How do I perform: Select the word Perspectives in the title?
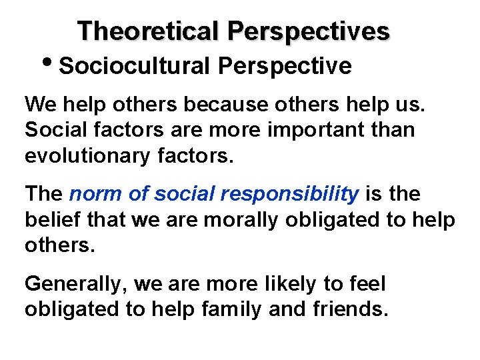coord(309,31)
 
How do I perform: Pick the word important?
coord(300,130)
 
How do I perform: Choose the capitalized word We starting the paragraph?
coord(39,105)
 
